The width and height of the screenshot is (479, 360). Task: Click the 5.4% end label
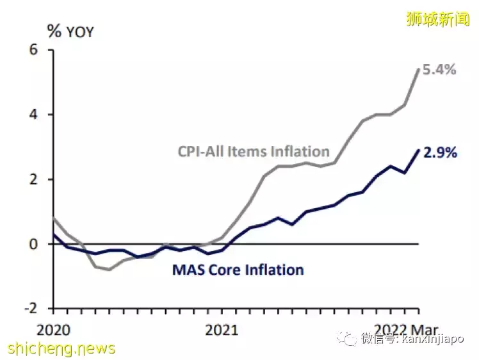(439, 70)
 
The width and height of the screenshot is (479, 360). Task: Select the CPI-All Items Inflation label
(254, 152)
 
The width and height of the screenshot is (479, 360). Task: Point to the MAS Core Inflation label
(238, 270)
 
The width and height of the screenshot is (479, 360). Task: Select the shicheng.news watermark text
(61, 349)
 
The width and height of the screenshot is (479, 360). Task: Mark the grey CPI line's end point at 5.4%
(419, 69)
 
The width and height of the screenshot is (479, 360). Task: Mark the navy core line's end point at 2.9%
(419, 150)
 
